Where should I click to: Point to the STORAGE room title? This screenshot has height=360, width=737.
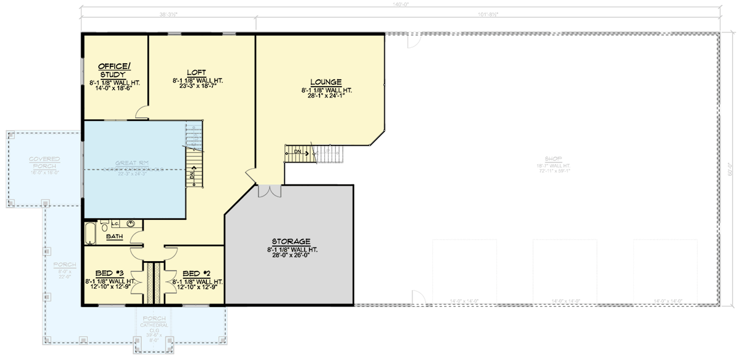(x=292, y=241)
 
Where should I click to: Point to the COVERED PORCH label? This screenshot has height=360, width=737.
(x=43, y=163)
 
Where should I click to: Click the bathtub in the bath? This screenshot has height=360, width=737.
(x=90, y=234)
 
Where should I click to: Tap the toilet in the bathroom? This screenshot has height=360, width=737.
(x=106, y=224)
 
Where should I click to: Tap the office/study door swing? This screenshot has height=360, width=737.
(x=142, y=111)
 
